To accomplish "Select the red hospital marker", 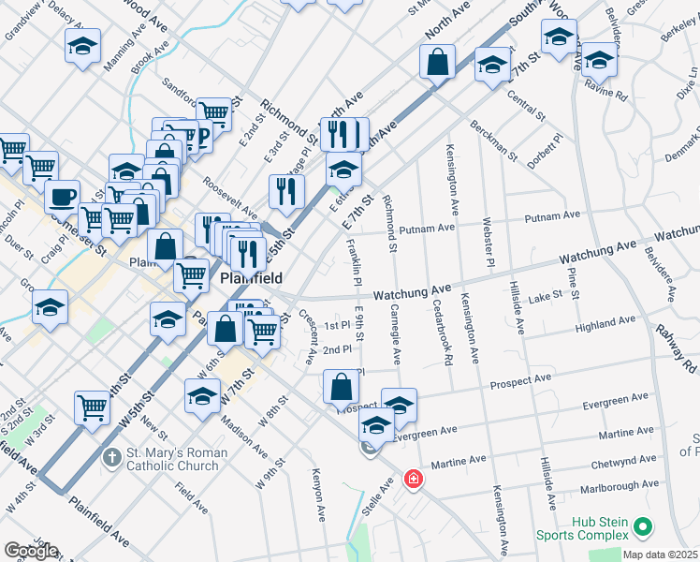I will [412, 480].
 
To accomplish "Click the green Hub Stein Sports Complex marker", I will [642, 528].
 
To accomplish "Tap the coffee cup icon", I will [63, 198].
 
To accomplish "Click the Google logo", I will [31, 551].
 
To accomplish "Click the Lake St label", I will [543, 295].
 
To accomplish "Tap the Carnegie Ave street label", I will [397, 333].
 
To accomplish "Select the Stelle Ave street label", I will [384, 491].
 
